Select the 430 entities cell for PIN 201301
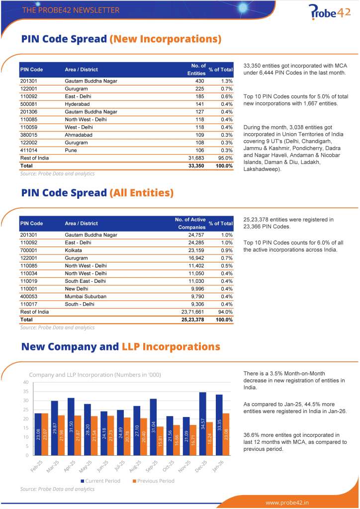[x=199, y=81]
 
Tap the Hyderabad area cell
[x=77, y=104]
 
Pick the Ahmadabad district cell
[x=78, y=135]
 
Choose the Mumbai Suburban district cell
[x=86, y=296]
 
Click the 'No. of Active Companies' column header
[x=190, y=223]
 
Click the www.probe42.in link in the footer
[x=287, y=503]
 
